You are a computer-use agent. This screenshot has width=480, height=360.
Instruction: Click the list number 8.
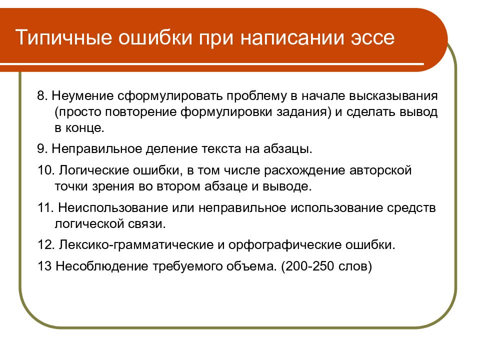[42, 95]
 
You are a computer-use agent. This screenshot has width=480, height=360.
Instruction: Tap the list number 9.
[42, 149]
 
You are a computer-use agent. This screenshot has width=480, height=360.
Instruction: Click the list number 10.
[45, 170]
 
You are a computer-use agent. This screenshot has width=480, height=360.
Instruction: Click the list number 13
[44, 266]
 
